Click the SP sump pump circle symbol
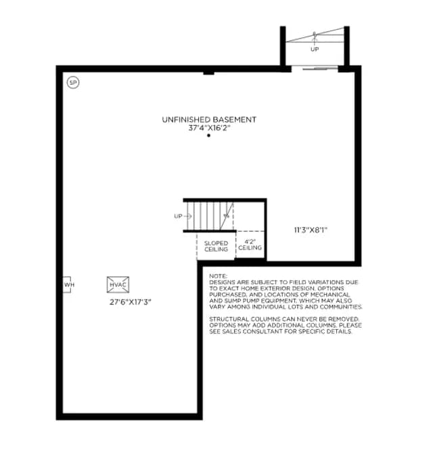pyautogui.click(x=73, y=82)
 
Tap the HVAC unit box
pyautogui.click(x=118, y=285)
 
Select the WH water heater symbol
pyautogui.click(x=67, y=285)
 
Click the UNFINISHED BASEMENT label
pyautogui.click(x=209, y=120)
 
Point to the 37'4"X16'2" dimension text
pyautogui.click(x=209, y=128)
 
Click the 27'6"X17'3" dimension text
pyautogui.click(x=131, y=302)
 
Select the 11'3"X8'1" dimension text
pyautogui.click(x=311, y=230)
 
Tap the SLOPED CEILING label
pyautogui.click(x=216, y=246)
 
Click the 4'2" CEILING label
pyautogui.click(x=250, y=245)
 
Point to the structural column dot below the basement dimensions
pyautogui.click(x=209, y=135)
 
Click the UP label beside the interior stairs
pyautogui.click(x=178, y=216)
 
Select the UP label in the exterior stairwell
pyautogui.click(x=315, y=49)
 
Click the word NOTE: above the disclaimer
pyautogui.click(x=218, y=276)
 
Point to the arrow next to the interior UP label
pyautogui.click(x=188, y=216)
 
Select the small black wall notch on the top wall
pyautogui.click(x=209, y=73)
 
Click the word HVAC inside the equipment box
pyautogui.click(x=118, y=285)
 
